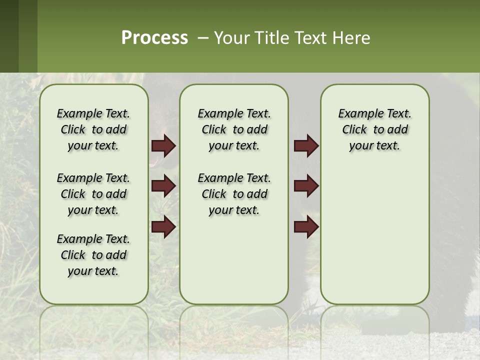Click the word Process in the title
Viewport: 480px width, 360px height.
(154, 38)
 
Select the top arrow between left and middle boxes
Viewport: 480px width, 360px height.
(163, 146)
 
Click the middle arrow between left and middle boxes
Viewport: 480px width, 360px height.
(163, 186)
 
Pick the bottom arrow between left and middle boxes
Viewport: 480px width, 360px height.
(163, 226)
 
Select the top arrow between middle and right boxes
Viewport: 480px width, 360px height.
(306, 146)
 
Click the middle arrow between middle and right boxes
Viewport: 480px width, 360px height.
(306, 186)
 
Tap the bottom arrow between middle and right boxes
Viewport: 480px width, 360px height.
(306, 226)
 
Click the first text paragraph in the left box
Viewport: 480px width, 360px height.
(93, 129)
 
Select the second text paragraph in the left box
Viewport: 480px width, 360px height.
(93, 194)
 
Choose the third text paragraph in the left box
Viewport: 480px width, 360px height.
(93, 255)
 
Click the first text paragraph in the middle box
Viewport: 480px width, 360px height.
(234, 129)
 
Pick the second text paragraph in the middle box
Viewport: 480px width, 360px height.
(234, 194)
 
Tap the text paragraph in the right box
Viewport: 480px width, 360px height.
(374, 129)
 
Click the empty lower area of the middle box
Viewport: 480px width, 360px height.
(234, 260)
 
